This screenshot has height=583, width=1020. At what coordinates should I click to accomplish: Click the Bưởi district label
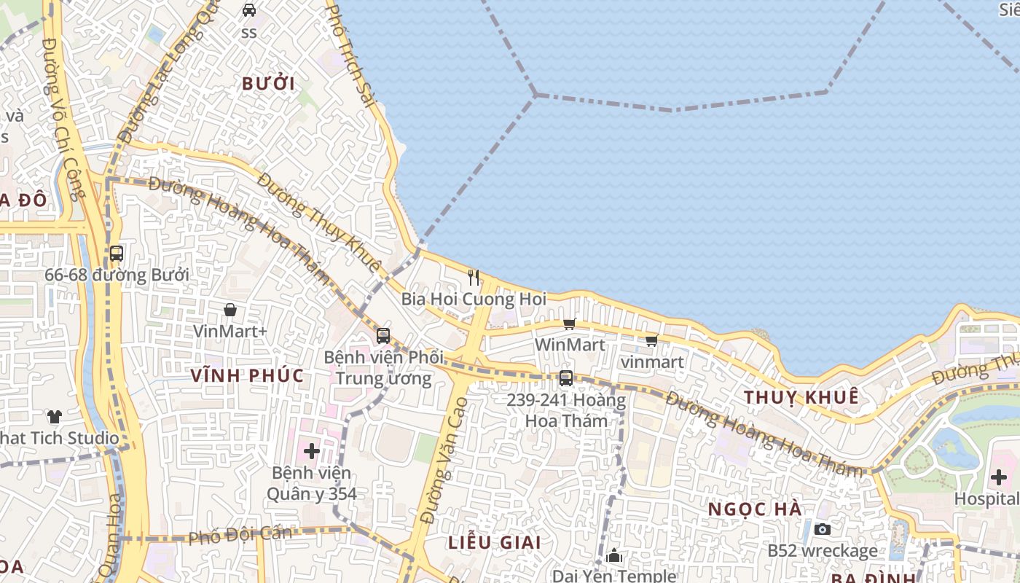[269, 84]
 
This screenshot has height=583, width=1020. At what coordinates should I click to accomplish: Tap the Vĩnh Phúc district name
[247, 375]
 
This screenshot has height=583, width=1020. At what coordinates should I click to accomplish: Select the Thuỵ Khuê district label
[801, 397]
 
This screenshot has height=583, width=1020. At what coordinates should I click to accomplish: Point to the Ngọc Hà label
[756, 509]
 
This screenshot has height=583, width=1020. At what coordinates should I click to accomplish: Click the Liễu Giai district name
[495, 542]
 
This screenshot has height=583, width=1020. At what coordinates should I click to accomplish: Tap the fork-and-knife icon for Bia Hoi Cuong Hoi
[474, 277]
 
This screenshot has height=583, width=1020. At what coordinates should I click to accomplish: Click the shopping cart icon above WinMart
[569, 324]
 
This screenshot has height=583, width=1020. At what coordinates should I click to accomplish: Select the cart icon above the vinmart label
[651, 340]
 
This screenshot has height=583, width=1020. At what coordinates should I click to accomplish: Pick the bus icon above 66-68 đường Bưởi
[116, 254]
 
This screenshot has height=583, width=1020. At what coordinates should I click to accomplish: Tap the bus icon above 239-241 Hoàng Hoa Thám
[565, 378]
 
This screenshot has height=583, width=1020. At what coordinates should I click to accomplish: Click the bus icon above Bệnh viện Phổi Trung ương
[382, 336]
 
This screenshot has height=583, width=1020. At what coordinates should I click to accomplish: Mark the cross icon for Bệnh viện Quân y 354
[311, 451]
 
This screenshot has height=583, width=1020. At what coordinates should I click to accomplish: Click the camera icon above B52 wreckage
[822, 529]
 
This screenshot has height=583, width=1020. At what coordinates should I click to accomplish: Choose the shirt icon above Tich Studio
[55, 417]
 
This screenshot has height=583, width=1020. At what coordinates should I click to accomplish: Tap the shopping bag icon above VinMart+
[230, 310]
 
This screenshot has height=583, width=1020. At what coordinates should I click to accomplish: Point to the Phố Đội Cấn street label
[240, 535]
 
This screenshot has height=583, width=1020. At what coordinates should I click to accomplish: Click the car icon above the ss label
[249, 10]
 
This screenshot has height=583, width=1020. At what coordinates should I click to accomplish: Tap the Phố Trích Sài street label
[350, 55]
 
